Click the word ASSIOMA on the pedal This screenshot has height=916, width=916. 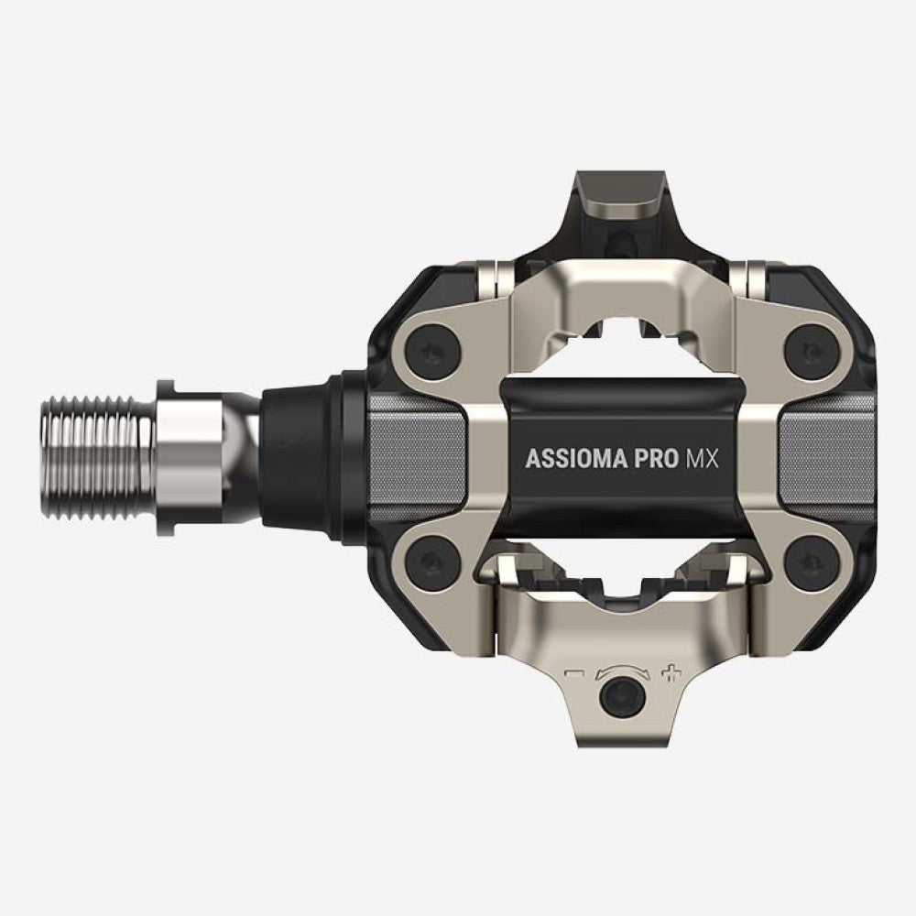tap(575, 459)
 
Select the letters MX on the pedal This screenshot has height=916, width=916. tap(703, 459)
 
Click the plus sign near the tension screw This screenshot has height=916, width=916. tap(673, 676)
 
